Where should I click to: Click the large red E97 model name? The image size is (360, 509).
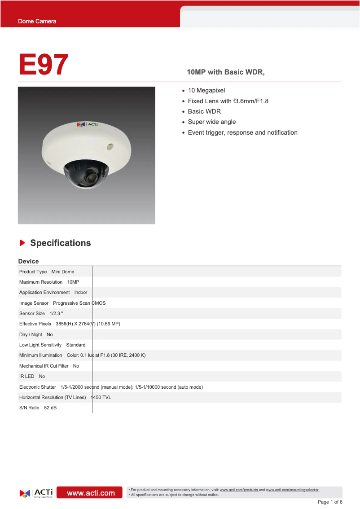point(44,65)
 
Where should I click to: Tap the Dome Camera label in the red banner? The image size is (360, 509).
point(37,22)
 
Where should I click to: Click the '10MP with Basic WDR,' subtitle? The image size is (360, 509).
point(225,72)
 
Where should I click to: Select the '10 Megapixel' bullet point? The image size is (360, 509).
point(206,91)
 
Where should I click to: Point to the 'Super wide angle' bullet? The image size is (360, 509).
point(211,122)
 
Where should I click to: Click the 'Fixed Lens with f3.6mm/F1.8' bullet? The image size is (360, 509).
point(228,101)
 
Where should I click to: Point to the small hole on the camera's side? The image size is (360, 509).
point(110,146)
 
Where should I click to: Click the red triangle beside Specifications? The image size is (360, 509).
point(22,243)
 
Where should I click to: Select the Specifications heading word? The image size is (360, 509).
point(60,243)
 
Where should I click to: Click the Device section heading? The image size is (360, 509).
point(28,261)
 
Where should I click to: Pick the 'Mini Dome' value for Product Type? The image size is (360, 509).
point(63,272)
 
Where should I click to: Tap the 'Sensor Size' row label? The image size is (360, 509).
point(32,314)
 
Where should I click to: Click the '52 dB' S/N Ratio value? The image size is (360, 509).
point(50,408)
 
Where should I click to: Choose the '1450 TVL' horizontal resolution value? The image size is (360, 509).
point(101,398)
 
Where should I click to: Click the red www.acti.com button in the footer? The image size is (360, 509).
point(91,493)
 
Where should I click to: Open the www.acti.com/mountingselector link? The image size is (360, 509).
point(292,490)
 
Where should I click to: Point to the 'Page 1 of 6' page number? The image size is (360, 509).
point(330,502)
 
